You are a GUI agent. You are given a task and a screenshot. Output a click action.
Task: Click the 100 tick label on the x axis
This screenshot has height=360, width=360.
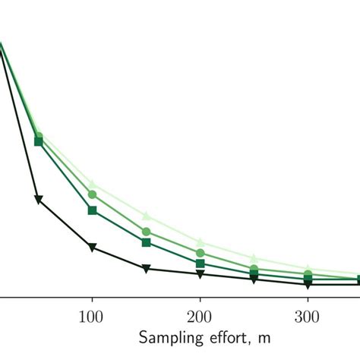92,316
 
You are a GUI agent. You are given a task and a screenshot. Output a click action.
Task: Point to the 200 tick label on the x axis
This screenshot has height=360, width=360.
200,316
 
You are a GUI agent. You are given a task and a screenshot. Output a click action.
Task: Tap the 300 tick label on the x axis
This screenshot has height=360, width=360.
308,316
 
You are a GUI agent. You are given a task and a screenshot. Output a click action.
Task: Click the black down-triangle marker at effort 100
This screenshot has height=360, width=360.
92,248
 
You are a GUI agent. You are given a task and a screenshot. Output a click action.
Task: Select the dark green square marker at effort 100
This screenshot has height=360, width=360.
92,210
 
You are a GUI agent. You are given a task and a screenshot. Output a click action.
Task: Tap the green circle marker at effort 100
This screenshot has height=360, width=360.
92,194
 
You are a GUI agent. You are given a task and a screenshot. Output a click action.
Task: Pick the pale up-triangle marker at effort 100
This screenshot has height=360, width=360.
92,183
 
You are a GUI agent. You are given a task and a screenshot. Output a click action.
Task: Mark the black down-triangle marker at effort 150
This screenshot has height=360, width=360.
146,269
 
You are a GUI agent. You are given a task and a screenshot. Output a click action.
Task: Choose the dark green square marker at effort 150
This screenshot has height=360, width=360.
146,242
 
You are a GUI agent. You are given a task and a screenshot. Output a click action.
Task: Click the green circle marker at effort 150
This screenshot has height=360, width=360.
146,231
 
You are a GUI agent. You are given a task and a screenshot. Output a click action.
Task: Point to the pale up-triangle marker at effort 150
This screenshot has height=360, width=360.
146,216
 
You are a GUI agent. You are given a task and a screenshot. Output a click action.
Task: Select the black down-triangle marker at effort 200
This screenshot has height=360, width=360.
200,274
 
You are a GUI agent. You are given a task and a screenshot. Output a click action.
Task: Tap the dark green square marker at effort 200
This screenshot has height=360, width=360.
200,263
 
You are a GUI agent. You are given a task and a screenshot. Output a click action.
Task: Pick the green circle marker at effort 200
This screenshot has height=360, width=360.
200,252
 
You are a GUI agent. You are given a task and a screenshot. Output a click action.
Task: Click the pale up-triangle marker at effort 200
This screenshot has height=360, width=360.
200,242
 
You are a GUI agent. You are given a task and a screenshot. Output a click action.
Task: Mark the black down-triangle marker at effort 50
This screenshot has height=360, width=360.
38,200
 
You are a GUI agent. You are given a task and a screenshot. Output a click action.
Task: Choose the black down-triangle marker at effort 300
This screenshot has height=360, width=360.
308,285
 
